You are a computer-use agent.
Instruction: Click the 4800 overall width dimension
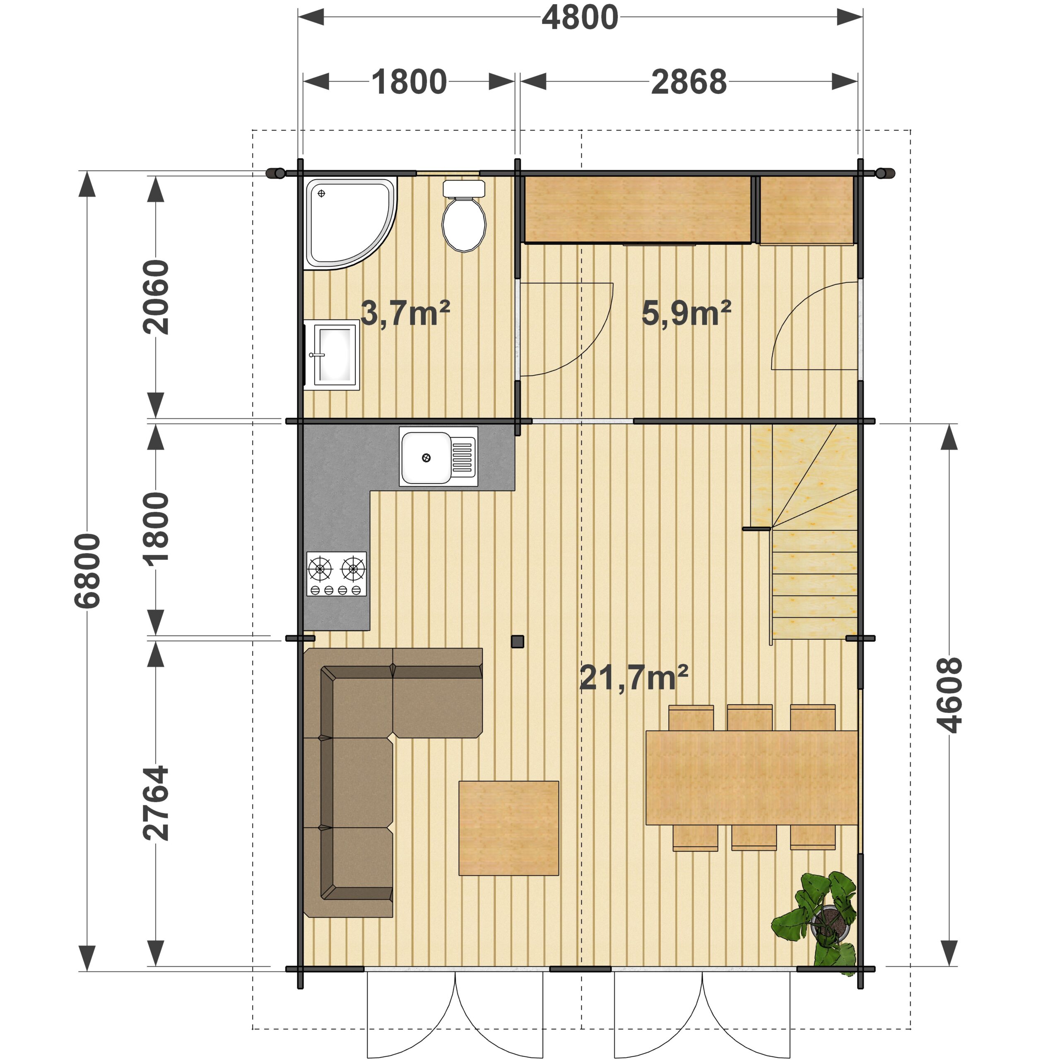(x=580, y=17)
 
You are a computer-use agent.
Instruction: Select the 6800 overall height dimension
(x=88, y=571)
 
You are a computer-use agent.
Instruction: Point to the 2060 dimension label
(x=156, y=297)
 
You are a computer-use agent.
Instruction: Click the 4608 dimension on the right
(x=949, y=695)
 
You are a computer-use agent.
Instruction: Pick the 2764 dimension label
(x=156, y=803)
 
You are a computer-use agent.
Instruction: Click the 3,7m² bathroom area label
(x=405, y=313)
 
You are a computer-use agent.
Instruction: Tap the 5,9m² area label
(x=687, y=313)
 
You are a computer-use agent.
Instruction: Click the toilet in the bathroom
(x=464, y=216)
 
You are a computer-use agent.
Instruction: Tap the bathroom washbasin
(x=331, y=355)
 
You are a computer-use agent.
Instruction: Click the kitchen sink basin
(x=426, y=457)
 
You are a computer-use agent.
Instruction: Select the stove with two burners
(x=336, y=574)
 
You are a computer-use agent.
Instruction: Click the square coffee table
(x=508, y=829)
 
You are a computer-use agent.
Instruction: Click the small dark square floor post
(x=518, y=641)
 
